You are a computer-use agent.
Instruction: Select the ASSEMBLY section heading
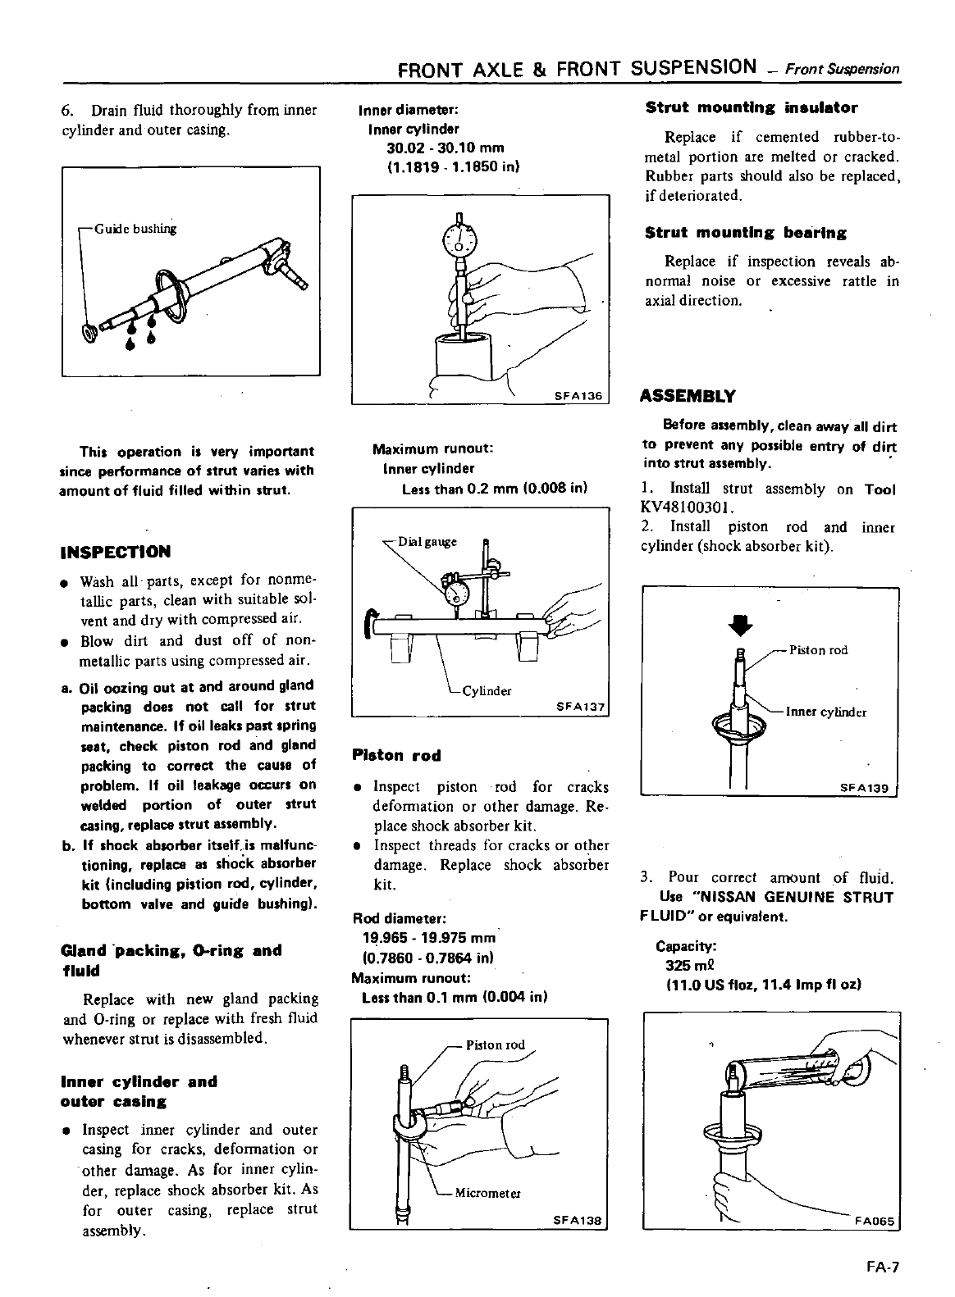(x=688, y=396)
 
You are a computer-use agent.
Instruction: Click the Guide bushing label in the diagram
(x=135, y=228)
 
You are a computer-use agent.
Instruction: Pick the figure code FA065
(x=876, y=1219)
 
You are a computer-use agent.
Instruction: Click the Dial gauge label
(x=427, y=542)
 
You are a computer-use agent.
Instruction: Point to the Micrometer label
(x=488, y=1192)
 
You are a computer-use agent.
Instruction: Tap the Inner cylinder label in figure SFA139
(x=826, y=712)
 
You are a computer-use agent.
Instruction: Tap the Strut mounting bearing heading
(x=746, y=233)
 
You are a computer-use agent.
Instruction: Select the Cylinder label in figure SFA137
(x=487, y=690)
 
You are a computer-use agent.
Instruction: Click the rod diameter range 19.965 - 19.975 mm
(x=429, y=938)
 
